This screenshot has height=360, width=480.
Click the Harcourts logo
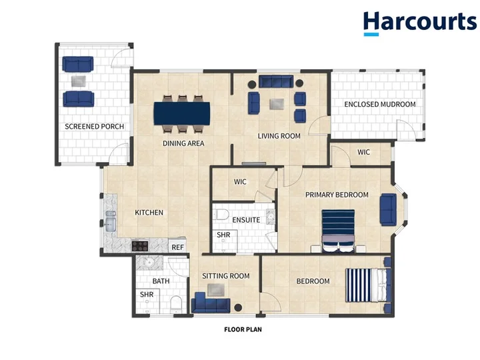(420, 23)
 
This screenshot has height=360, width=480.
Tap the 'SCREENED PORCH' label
(94, 127)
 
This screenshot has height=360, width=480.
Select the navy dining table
(182, 113)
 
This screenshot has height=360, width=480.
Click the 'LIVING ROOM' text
(279, 136)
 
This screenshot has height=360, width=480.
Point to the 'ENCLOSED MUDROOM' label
(380, 104)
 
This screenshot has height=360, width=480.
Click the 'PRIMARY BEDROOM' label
(337, 195)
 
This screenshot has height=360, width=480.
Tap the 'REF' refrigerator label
(177, 247)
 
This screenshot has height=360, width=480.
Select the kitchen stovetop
(140, 246)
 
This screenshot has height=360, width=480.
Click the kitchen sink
(110, 221)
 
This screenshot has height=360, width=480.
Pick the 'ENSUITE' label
(246, 220)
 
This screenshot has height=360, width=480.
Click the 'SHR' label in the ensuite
(223, 235)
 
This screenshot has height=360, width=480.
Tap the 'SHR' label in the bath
(147, 295)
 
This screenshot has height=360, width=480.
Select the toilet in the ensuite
(221, 214)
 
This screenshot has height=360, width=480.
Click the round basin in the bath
(149, 263)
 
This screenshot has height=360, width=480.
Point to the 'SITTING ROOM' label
(226, 276)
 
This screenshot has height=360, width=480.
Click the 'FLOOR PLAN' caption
(243, 329)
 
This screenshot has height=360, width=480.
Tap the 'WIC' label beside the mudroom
(364, 152)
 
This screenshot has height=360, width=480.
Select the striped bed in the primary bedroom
(338, 231)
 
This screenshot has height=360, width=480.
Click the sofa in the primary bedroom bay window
(388, 210)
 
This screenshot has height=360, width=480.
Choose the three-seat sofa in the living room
(276, 81)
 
